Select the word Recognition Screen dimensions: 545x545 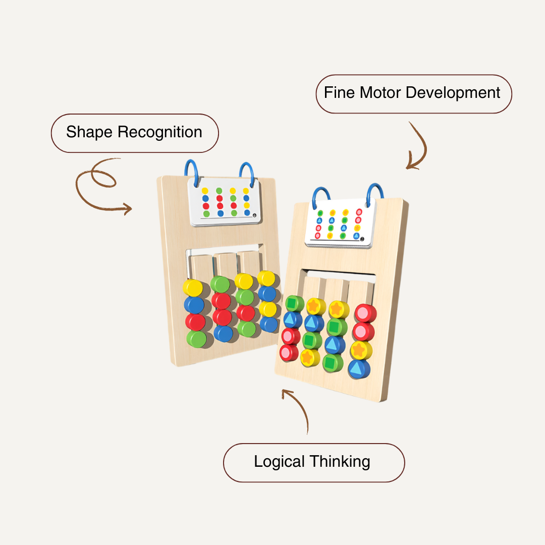(x=160, y=132)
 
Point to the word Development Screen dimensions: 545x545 (x=453, y=93)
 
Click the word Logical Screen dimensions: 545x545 (x=279, y=462)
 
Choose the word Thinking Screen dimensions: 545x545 (x=340, y=462)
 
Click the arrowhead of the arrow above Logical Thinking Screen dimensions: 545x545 (x=286, y=392)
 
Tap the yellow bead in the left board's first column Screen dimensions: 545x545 (x=193, y=288)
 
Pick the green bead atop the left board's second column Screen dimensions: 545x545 (x=220, y=284)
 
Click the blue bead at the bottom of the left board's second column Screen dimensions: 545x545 (x=223, y=333)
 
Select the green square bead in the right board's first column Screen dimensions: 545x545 (x=294, y=304)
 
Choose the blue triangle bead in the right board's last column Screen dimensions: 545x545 (x=358, y=369)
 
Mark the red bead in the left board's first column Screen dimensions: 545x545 (x=195, y=322)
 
